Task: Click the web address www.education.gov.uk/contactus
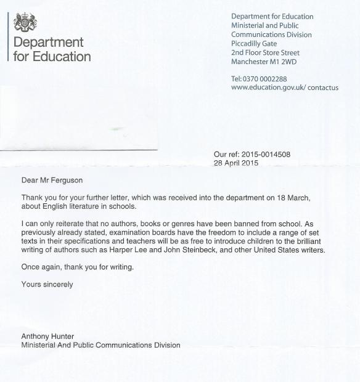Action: [284, 87]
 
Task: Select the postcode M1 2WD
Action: [288, 62]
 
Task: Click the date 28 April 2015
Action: [235, 163]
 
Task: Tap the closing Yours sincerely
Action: [47, 284]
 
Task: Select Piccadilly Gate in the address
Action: [254, 44]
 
